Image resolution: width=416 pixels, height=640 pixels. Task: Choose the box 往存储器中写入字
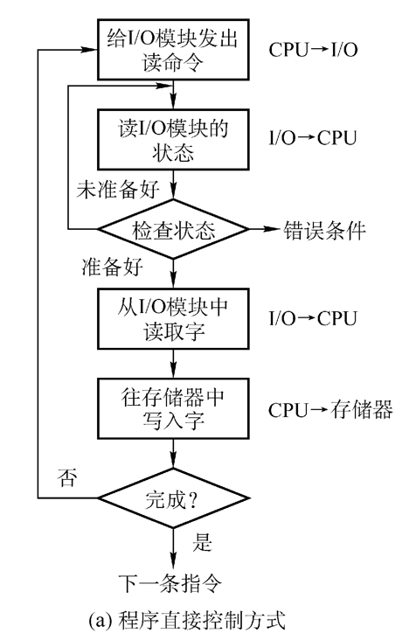176,407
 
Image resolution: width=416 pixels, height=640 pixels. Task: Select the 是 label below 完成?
203,544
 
